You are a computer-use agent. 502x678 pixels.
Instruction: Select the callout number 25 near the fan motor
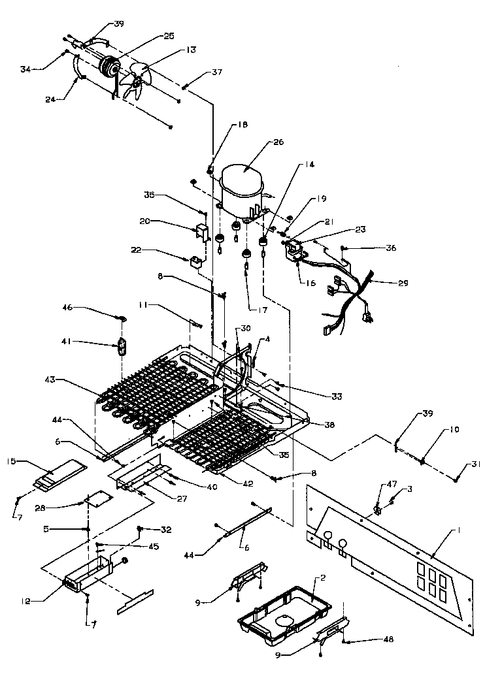pos(169,37)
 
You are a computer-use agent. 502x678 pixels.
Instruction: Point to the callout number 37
pos(216,73)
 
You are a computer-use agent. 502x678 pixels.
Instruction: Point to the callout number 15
pos(12,462)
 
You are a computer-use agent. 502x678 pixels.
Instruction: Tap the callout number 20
pos(145,221)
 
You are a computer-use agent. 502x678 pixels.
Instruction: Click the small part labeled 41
pos(122,346)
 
